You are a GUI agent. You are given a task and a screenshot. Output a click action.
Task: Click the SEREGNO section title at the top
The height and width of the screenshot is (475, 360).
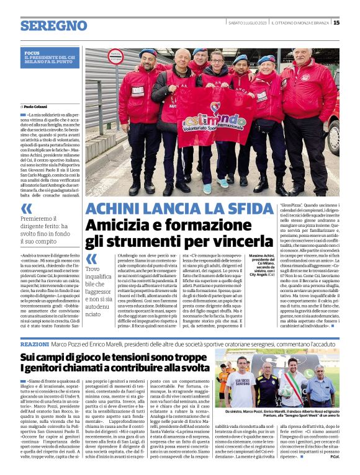click(x=53, y=26)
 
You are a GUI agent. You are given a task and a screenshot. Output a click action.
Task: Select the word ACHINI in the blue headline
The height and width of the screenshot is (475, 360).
click(x=115, y=210)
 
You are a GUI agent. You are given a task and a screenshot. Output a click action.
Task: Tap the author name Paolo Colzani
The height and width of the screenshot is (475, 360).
click(x=37, y=107)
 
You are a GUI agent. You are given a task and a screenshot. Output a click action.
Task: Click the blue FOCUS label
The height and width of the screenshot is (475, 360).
click(x=32, y=53)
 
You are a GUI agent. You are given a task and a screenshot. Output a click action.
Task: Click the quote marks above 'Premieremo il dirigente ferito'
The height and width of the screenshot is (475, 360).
click(x=26, y=208)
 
